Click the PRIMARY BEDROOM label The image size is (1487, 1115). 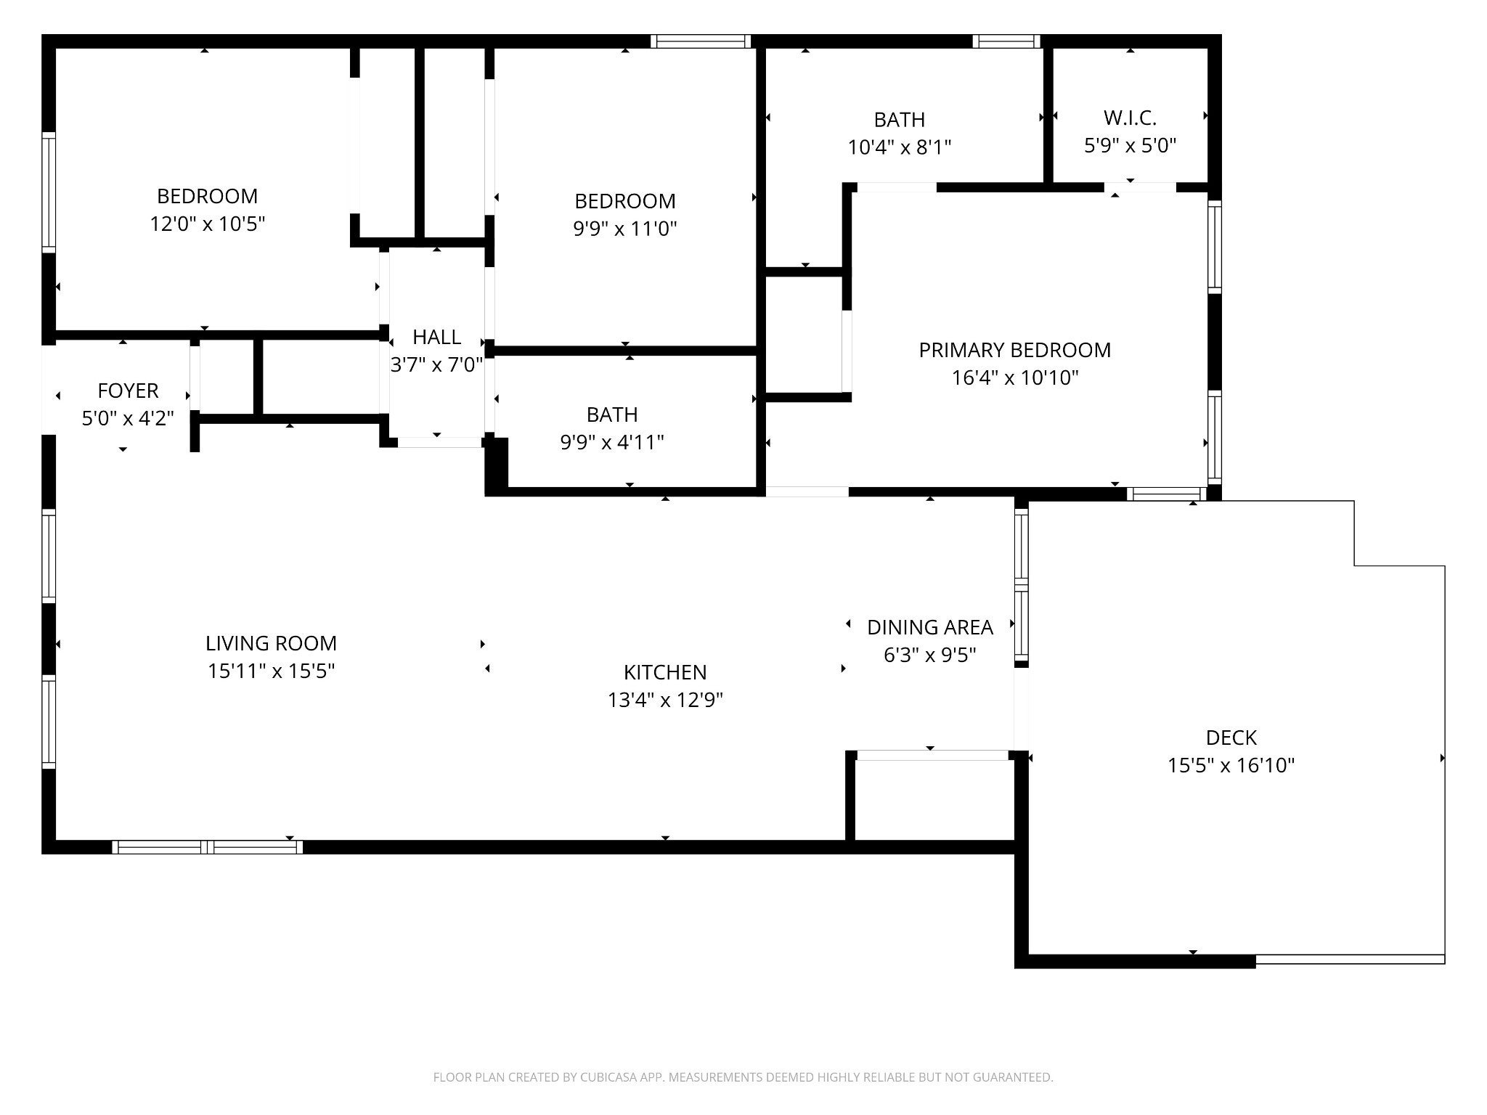tap(1014, 350)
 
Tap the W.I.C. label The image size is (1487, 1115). tap(1130, 118)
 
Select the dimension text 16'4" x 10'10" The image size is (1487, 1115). tap(1015, 377)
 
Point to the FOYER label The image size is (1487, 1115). tap(128, 391)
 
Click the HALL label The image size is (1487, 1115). tap(436, 337)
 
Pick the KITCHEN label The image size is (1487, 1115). tap(665, 672)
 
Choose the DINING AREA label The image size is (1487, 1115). tap(930, 627)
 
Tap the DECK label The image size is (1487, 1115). tap(1231, 738)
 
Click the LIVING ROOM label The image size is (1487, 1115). tap(271, 643)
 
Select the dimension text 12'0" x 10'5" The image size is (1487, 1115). tap(208, 224)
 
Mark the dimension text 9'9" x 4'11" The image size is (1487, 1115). tap(612, 442)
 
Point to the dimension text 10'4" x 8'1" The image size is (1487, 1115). tap(900, 147)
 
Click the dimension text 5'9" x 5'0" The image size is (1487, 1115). tap(1130, 145)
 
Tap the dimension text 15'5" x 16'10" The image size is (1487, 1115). tap(1231, 765)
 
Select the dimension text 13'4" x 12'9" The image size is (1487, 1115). tap(665, 700)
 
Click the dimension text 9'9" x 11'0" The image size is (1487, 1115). tap(625, 229)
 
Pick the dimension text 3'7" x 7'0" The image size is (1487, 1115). tap(436, 364)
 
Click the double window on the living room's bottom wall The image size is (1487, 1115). tap(208, 846)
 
